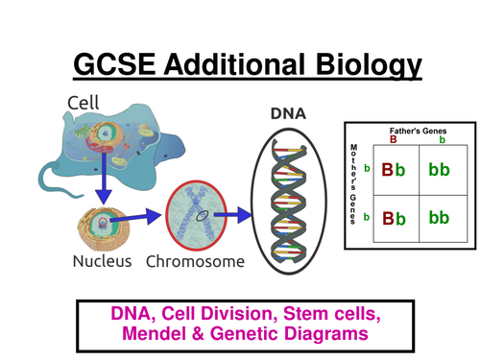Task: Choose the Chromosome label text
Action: coord(196,260)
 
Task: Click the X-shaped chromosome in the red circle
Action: coord(197,215)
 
